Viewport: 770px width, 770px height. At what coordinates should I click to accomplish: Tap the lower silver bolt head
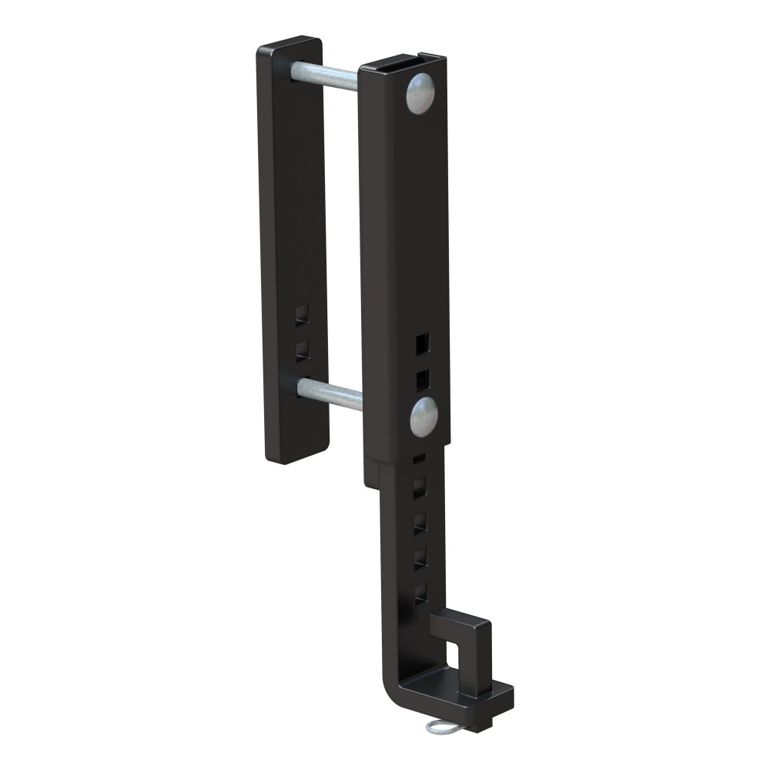click(423, 416)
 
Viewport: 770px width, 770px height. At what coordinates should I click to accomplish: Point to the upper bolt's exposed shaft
click(324, 75)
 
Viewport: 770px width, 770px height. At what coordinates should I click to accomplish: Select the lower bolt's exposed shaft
click(330, 392)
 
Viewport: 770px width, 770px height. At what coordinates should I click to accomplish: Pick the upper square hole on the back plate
click(302, 314)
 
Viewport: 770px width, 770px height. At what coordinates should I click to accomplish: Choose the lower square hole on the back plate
click(303, 350)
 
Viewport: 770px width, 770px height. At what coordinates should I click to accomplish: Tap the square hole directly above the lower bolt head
click(421, 377)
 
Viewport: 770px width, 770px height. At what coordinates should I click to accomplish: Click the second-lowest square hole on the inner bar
click(420, 558)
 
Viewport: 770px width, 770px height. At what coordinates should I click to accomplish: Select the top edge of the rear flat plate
click(289, 42)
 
